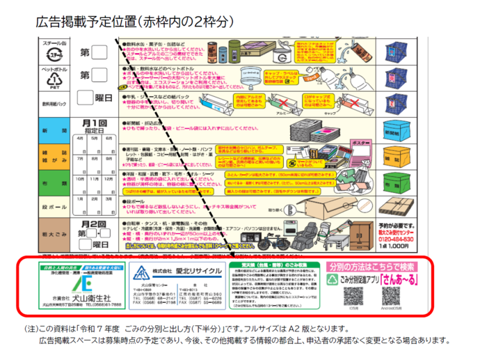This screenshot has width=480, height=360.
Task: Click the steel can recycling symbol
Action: tap(55, 52)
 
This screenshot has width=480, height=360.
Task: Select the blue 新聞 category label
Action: tap(56, 131)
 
